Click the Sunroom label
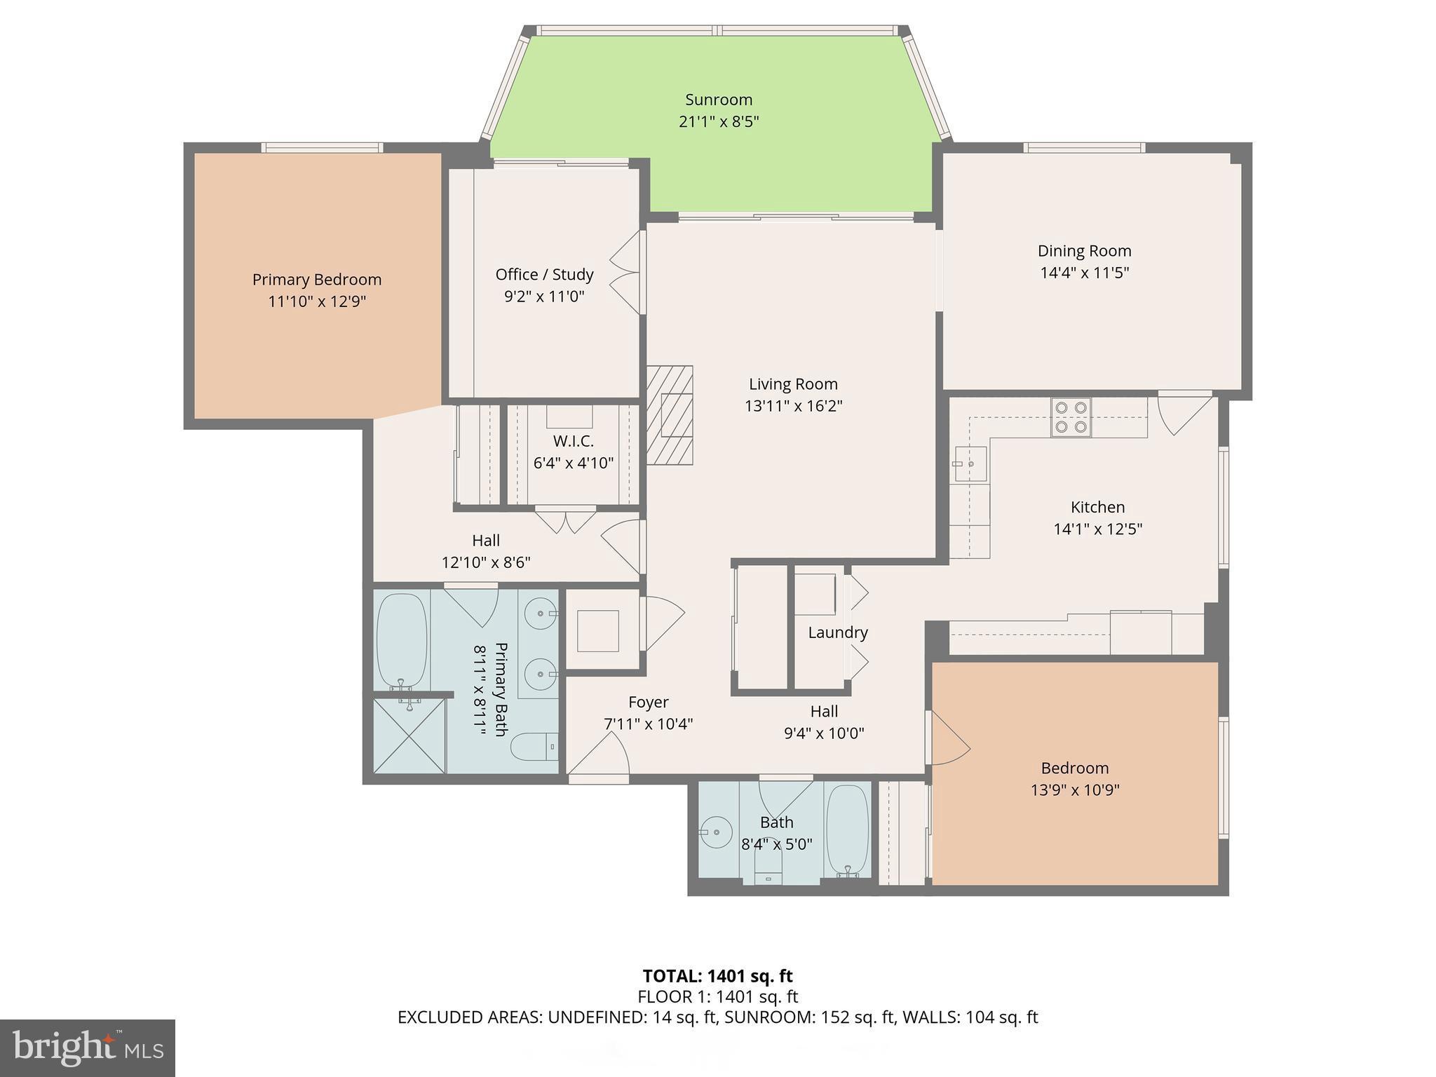[x=719, y=100]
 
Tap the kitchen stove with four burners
[x=1071, y=417]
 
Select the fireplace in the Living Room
[x=670, y=415]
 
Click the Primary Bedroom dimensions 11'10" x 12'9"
[x=317, y=302]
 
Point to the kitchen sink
[x=971, y=464]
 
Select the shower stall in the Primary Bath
[x=409, y=735]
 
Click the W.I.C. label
[x=573, y=441]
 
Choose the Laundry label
[x=838, y=632]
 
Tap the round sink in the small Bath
[x=716, y=832]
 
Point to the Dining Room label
[x=1084, y=251]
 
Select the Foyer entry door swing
[x=600, y=754]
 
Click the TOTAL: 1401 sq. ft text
[x=717, y=976]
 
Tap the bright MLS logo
[x=88, y=1048]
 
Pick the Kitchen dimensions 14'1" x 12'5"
[x=1097, y=529]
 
